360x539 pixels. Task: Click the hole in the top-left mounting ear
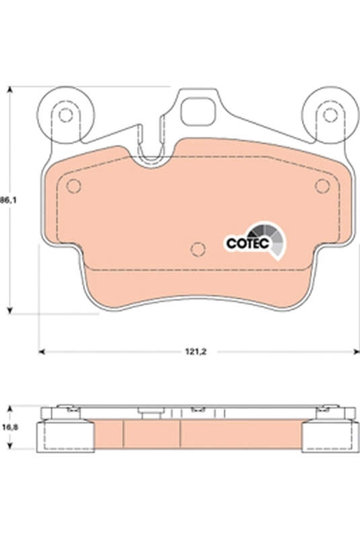tap(65, 115)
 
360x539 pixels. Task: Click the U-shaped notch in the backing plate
tap(156, 152)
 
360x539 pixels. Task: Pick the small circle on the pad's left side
tap(75, 186)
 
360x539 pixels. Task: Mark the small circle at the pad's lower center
tap(198, 249)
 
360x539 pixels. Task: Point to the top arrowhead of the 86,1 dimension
tap(9, 90)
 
